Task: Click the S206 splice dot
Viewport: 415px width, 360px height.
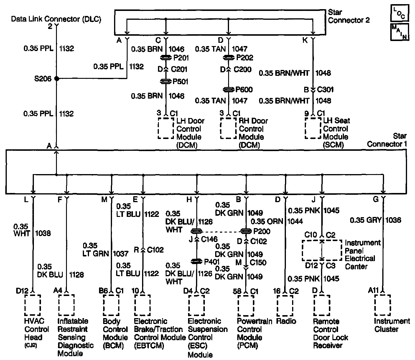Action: (57, 79)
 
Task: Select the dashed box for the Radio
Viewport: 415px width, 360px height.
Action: (285, 305)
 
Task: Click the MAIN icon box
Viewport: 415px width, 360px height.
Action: (399, 32)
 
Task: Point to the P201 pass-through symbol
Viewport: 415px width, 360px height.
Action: (166, 58)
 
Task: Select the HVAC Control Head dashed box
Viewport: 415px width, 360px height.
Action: (32, 305)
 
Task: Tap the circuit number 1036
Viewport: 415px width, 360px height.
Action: (393, 220)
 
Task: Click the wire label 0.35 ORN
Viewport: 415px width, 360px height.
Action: (267, 221)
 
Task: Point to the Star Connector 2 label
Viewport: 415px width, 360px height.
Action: (349, 17)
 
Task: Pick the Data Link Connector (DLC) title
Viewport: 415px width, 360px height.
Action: (56, 19)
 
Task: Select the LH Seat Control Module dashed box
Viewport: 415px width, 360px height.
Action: (313, 128)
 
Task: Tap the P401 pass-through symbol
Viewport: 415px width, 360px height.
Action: (196, 261)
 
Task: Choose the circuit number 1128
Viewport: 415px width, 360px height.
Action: (76, 275)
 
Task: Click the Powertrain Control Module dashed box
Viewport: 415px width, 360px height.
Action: (246, 305)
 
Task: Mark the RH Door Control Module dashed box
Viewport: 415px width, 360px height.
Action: (228, 128)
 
